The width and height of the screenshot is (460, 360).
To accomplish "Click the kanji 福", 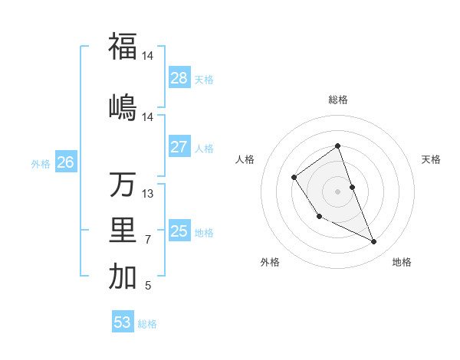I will click(x=123, y=46).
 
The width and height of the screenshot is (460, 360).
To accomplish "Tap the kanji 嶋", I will click(x=123, y=106).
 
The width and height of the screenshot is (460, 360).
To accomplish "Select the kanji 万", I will click(x=123, y=185).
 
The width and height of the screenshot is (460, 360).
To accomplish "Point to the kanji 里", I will click(x=123, y=231).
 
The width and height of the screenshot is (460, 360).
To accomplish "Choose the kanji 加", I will click(x=123, y=277).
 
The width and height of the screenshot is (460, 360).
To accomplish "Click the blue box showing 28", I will click(x=179, y=78).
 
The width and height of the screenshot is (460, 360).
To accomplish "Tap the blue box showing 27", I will click(x=179, y=147).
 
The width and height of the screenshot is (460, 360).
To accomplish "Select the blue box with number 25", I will click(x=179, y=231).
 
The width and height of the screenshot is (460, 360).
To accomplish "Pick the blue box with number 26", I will click(x=66, y=162).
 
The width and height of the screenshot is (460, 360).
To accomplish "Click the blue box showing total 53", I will click(x=123, y=322).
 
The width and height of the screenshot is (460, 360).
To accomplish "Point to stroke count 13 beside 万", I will click(x=148, y=194).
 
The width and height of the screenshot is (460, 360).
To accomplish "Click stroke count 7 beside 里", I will click(x=148, y=240).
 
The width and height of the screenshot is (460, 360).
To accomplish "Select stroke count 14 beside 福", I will click(x=148, y=55).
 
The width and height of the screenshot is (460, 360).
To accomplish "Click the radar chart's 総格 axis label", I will click(x=338, y=100).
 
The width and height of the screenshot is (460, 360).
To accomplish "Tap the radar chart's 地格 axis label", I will click(x=402, y=263).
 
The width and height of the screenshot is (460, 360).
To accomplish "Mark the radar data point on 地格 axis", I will click(x=374, y=242).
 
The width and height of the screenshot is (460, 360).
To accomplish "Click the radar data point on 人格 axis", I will click(x=294, y=178).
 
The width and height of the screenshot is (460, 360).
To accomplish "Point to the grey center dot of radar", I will click(x=338, y=191).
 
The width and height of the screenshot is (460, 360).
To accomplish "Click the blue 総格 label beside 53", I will click(x=147, y=324).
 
